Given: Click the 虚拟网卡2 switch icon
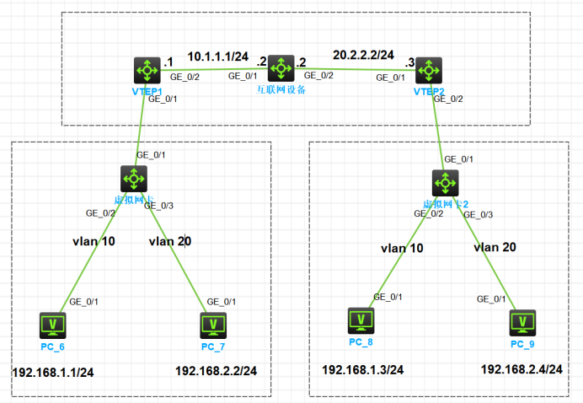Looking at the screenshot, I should (x=444, y=182).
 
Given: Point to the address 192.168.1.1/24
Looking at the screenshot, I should (x=52, y=372).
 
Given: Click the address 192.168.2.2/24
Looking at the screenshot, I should (x=216, y=371).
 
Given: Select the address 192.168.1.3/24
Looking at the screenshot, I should (x=363, y=369).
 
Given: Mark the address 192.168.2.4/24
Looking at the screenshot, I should (x=521, y=369).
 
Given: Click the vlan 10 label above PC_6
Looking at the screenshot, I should (x=93, y=241).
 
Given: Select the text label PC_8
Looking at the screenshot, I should (x=361, y=341).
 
